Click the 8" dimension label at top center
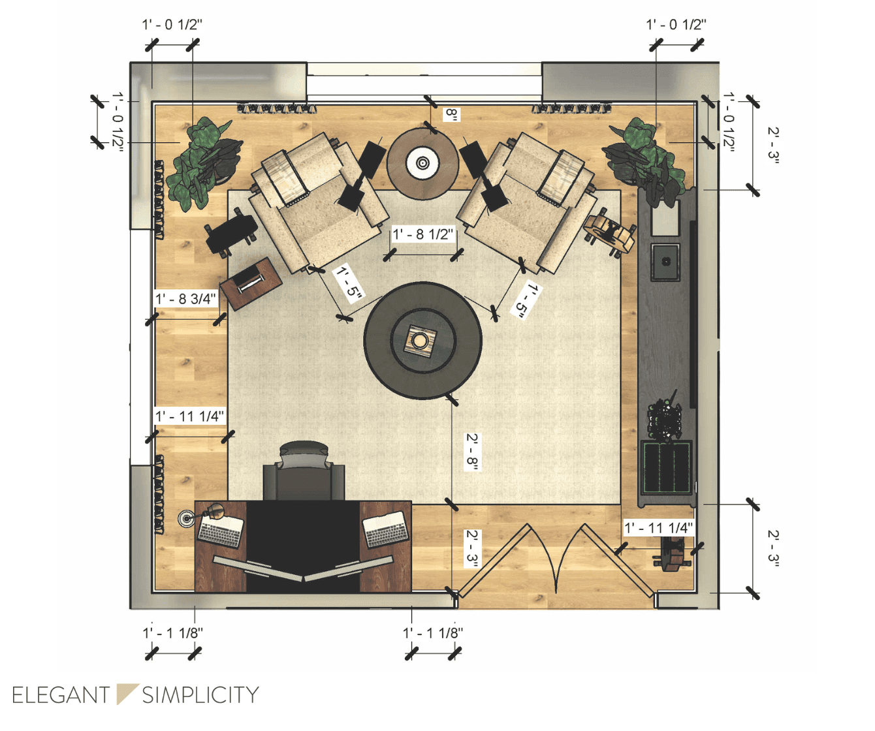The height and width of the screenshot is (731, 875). point(451,115)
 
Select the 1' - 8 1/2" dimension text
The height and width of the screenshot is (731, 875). point(422,234)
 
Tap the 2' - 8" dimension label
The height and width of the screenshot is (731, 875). point(471,450)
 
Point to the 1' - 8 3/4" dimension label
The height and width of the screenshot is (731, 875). point(185,299)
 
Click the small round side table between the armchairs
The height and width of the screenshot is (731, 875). point(422,163)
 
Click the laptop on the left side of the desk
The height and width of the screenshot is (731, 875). point(221,529)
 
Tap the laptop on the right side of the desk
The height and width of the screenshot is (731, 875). point(387,529)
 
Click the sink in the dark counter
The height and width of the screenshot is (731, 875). point(665,262)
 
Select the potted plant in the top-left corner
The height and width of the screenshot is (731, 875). point(201,163)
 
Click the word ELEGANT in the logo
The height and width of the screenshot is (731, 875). point(61,695)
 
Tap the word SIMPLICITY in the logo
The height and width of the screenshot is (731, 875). point(200,695)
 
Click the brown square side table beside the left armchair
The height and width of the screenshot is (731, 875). point(251,283)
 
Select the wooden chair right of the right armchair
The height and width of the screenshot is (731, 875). point(610,232)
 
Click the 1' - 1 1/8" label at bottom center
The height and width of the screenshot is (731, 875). point(432,632)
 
